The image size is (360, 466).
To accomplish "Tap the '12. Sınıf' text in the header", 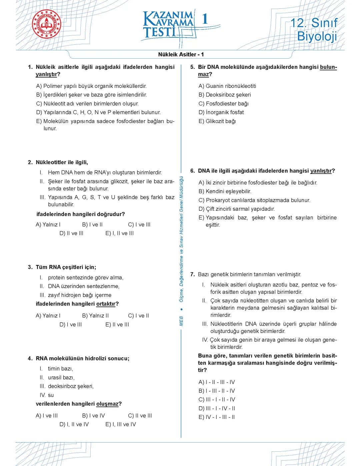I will coord(314,23).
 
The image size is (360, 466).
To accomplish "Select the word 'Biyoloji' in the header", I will coord(317,36).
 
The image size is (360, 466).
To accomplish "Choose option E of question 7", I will coord(217,417).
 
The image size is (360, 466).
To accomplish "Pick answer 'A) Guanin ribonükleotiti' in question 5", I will coord(227,86).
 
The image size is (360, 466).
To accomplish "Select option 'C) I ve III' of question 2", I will coord(139,224).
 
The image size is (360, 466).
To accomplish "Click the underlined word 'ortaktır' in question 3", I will coord(106,304).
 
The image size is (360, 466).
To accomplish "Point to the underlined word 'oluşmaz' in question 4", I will coord(107,404).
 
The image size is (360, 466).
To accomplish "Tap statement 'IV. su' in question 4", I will coord(47,395).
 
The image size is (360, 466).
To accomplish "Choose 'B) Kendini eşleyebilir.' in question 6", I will coord(225,191).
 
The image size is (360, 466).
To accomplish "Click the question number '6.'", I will coord(192,171).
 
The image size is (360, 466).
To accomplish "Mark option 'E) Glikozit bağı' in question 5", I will coord(217,121).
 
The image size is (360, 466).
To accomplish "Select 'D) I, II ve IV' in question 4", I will coord(74,424).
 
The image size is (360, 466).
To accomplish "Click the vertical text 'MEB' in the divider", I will coord(181,321).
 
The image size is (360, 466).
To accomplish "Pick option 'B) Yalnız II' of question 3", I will coord(95,316).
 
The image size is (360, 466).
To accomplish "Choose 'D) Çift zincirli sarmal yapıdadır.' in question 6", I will coord(237,209).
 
